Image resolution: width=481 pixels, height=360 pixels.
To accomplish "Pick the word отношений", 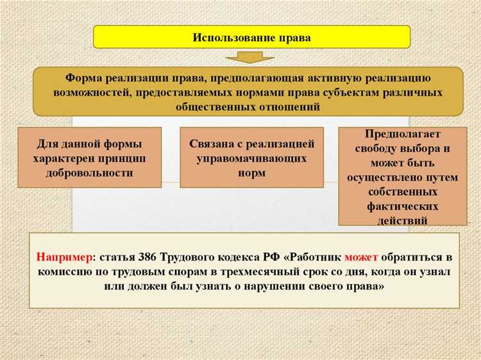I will pyautogui.click(x=283, y=107).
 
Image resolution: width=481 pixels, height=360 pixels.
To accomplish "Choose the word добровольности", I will pyautogui.click(x=89, y=173).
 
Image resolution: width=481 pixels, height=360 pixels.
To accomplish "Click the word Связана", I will pyautogui.click(x=212, y=144).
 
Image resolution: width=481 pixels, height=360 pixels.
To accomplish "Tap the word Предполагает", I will pyautogui.click(x=403, y=133).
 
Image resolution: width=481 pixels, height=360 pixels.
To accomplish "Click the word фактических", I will pyautogui.click(x=402, y=206).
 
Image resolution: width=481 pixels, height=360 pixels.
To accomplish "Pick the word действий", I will pyautogui.click(x=402, y=220).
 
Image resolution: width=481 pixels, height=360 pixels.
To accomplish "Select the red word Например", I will pyautogui.click(x=63, y=257).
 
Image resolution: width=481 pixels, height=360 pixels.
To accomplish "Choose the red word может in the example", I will pyautogui.click(x=362, y=257).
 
